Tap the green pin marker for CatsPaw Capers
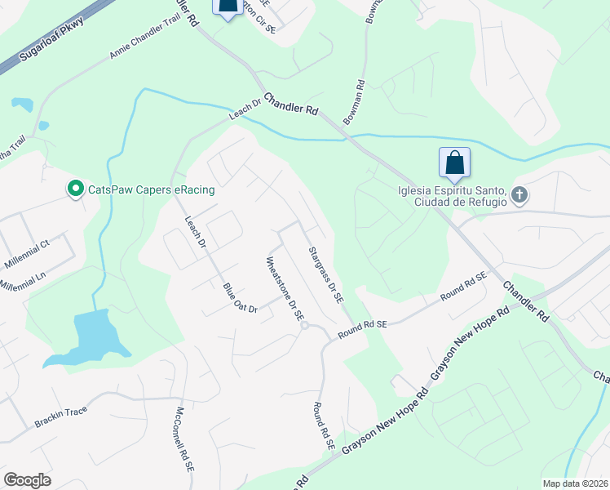[x=76, y=189]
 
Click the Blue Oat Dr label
[x=240, y=297]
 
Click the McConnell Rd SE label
[x=183, y=441]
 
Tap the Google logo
[x=27, y=480]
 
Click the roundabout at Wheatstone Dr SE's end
[x=303, y=326]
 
